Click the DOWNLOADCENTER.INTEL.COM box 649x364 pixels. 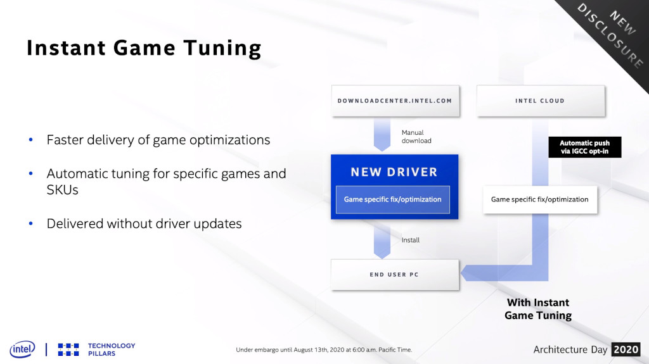tap(395, 101)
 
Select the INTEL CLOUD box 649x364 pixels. tap(540, 101)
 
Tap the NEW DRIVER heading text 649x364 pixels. tap(394, 172)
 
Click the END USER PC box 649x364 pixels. tap(395, 274)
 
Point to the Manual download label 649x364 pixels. tap(416, 137)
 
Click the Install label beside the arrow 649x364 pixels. tap(410, 240)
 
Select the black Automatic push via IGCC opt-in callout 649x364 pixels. tap(585, 147)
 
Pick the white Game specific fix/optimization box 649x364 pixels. tap(540, 199)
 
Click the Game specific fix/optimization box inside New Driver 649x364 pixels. tap(393, 199)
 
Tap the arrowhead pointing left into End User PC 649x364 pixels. tap(468, 273)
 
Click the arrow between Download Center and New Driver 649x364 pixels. tap(382, 134)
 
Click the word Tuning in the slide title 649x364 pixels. tap(222, 48)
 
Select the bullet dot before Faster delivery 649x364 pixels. tap(30, 140)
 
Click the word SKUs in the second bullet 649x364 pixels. tap(63, 190)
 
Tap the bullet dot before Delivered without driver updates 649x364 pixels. tap(30, 223)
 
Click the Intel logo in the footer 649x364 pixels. tap(22, 349)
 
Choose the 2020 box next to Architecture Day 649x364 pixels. tap(626, 349)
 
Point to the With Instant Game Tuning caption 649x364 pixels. tap(538, 309)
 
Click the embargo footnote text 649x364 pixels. tap(324, 349)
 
